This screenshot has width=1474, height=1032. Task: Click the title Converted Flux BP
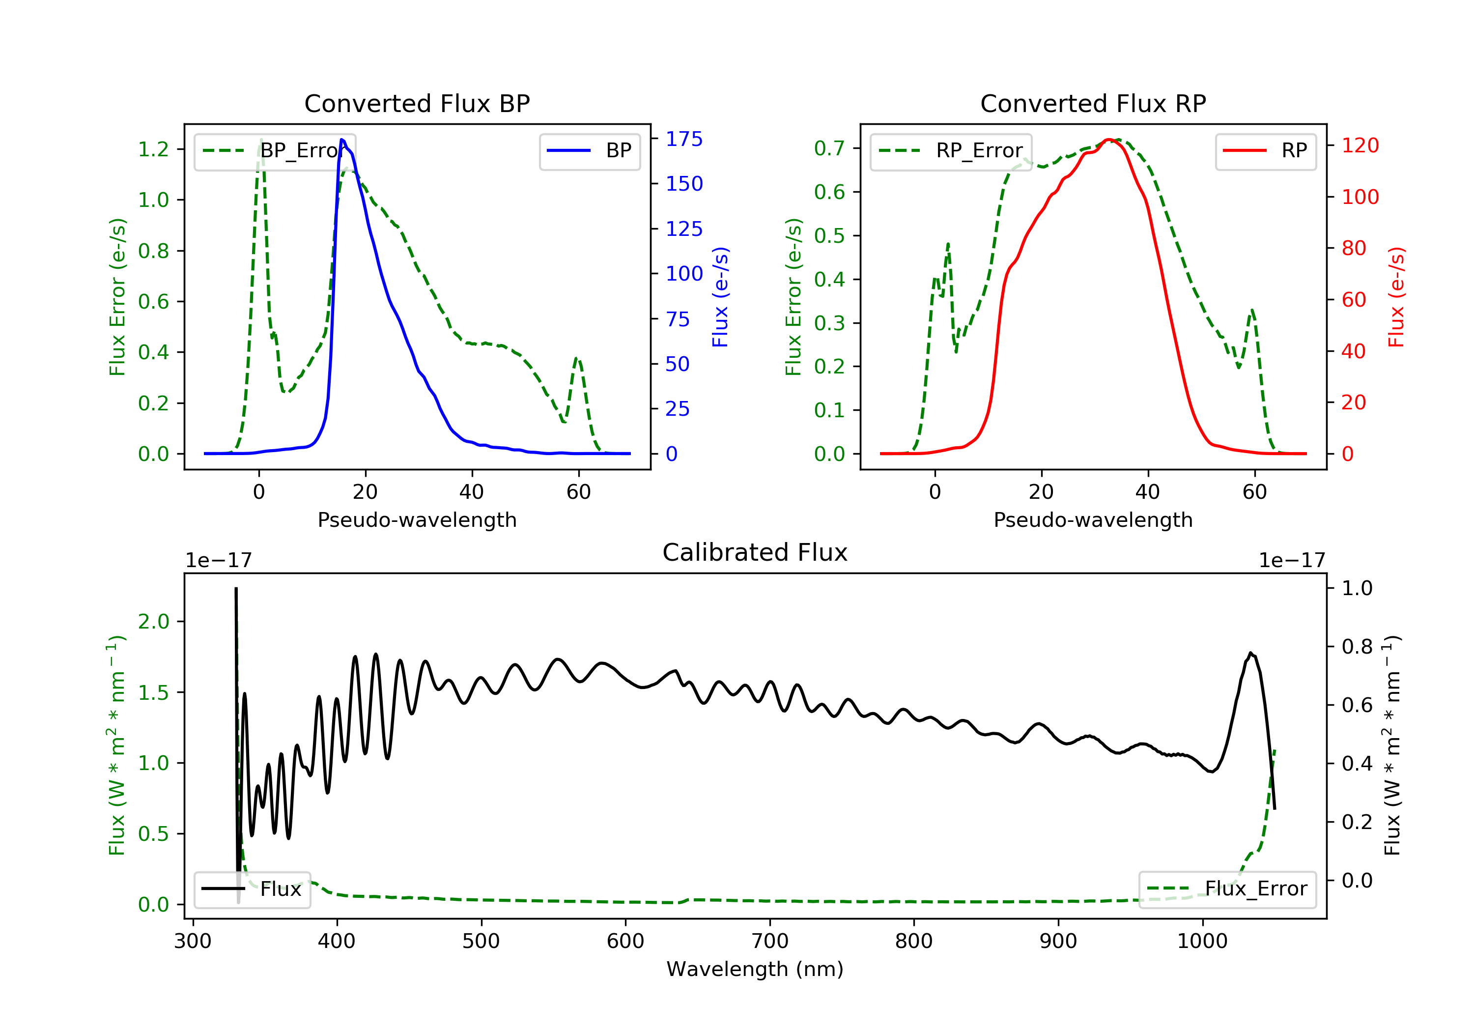point(417,103)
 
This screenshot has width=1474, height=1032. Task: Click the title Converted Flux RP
point(1093,103)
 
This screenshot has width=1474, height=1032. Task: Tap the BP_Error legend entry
point(275,151)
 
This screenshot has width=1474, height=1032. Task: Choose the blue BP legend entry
point(589,151)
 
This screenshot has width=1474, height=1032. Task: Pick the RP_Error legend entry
point(951,151)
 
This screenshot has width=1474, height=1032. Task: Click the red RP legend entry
point(1265,151)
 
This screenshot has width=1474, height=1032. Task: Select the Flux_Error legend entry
point(1227,889)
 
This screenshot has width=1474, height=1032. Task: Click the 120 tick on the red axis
point(1360,145)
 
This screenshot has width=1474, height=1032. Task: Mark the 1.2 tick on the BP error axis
point(153,149)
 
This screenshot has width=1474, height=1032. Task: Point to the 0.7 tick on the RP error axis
point(829,148)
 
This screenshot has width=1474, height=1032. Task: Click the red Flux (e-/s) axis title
point(1396,297)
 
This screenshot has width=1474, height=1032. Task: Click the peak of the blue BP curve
point(342,140)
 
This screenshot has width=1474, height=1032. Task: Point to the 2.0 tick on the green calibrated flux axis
point(153,622)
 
